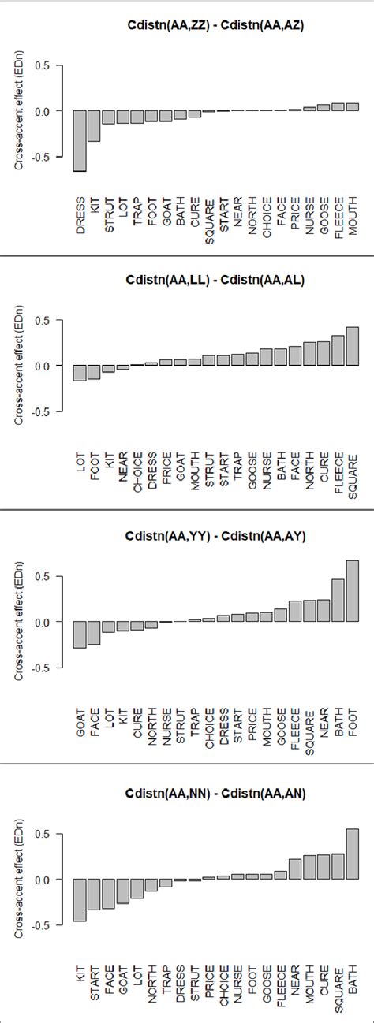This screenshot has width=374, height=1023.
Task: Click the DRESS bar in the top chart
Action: [x=80, y=140]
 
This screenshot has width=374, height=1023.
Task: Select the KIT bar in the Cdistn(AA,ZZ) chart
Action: [x=94, y=126]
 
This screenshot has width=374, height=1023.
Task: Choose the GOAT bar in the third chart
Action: [x=80, y=634]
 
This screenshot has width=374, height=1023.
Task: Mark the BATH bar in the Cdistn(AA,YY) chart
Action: [x=338, y=590]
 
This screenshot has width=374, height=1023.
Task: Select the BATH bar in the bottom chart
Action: [x=352, y=854]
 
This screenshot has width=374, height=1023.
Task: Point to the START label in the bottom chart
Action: [x=94, y=982]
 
